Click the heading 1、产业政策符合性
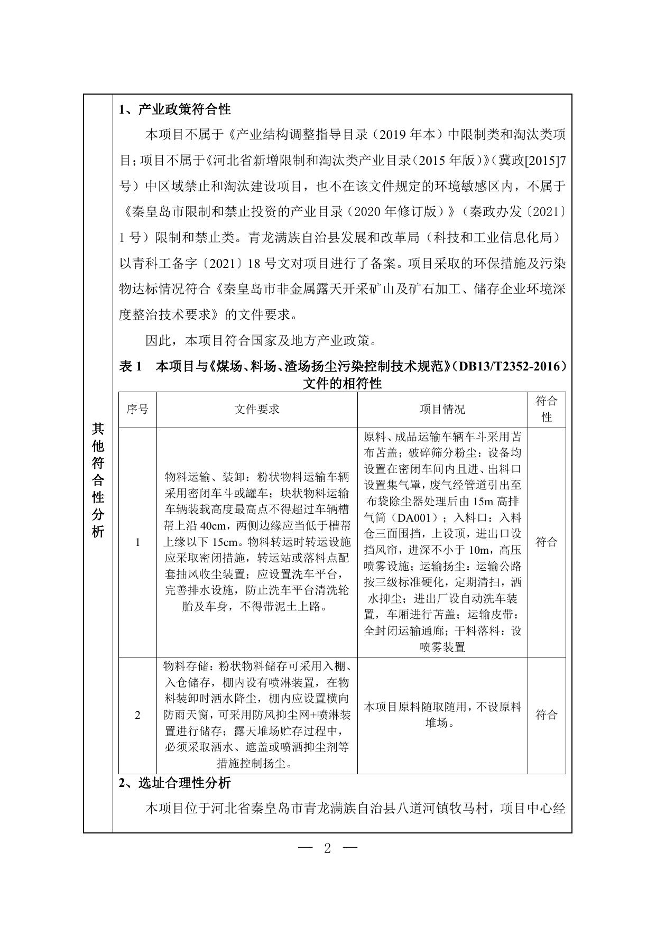pyautogui.click(x=175, y=109)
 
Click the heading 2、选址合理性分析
pyautogui.click(x=175, y=783)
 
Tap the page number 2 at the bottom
pyautogui.click(x=328, y=849)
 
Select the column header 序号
pyautogui.click(x=137, y=409)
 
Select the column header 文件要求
pyautogui.click(x=257, y=409)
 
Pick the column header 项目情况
pyautogui.click(x=442, y=409)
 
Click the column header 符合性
pyautogui.click(x=547, y=409)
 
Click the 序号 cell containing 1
pyautogui.click(x=137, y=542)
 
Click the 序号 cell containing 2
pyautogui.click(x=137, y=715)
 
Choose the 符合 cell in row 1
pyautogui.click(x=547, y=542)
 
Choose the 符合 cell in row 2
pyautogui.click(x=547, y=715)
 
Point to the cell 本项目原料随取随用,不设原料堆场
pyautogui.click(x=442, y=715)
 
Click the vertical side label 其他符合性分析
pyautogui.click(x=98, y=480)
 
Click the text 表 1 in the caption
pyautogui.click(x=132, y=366)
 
